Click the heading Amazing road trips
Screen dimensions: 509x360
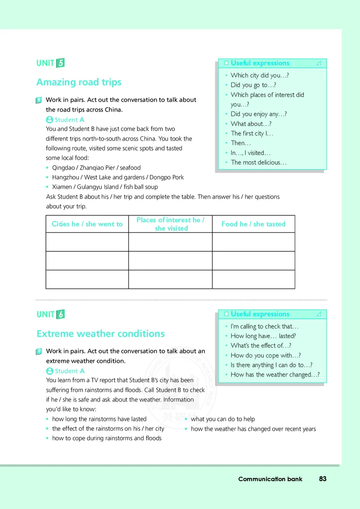click(x=79, y=82)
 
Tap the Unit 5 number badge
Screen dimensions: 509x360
click(x=60, y=63)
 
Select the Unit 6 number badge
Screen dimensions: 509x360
click(x=60, y=314)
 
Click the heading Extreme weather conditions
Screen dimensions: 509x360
click(x=100, y=334)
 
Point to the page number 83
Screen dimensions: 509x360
click(x=323, y=479)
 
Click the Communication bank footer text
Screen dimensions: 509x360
click(x=270, y=479)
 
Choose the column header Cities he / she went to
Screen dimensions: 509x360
click(x=87, y=224)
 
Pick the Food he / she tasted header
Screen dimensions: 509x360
click(x=253, y=224)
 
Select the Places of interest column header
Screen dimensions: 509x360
click(x=170, y=224)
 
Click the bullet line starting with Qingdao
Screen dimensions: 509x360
click(x=96, y=168)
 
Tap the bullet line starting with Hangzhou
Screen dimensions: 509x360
click(x=118, y=177)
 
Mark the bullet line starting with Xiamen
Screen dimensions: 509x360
click(x=105, y=187)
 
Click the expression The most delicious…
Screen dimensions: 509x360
click(x=258, y=162)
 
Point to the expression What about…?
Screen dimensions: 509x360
click(x=251, y=124)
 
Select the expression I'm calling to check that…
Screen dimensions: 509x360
click(x=264, y=326)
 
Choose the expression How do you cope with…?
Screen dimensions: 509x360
click(x=265, y=355)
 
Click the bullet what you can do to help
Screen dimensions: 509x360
click(x=222, y=419)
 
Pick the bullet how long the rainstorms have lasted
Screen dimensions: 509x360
click(x=99, y=419)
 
